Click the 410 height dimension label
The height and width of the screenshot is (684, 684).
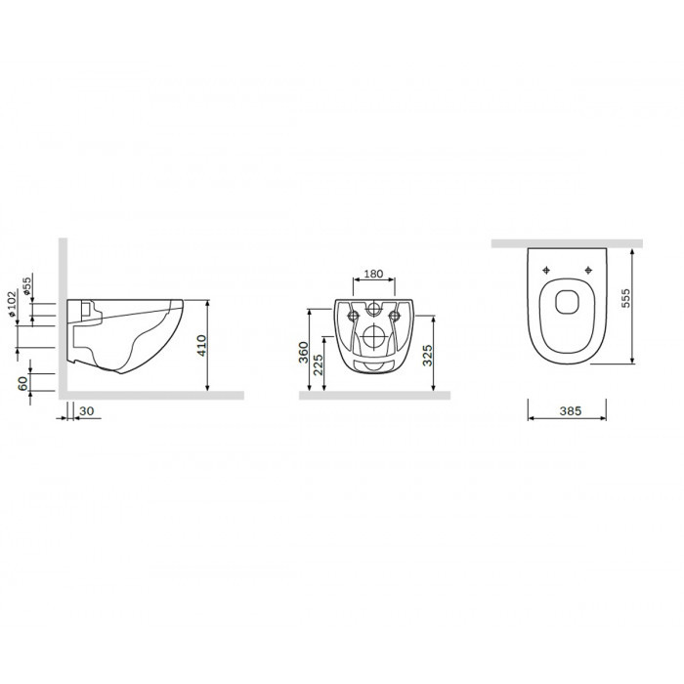click(202, 346)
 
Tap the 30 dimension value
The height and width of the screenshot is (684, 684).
click(87, 411)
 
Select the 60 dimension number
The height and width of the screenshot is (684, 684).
click(22, 383)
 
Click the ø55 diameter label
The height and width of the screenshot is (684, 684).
click(27, 286)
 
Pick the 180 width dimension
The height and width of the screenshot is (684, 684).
click(373, 274)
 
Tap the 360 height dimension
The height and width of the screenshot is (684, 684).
click(303, 352)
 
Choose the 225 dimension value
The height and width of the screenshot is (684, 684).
click(319, 364)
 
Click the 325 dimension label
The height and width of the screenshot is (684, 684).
click(428, 355)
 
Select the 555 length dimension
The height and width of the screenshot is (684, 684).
click(625, 298)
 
